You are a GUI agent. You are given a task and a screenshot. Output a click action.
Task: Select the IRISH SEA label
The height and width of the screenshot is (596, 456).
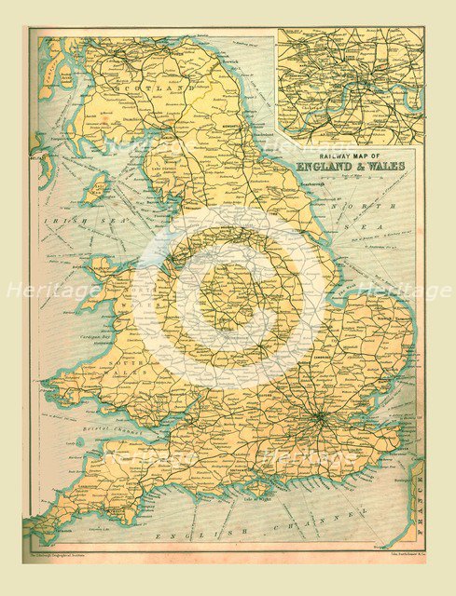click(72, 222)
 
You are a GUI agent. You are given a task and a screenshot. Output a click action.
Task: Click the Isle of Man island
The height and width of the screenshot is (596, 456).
click(97, 192)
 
